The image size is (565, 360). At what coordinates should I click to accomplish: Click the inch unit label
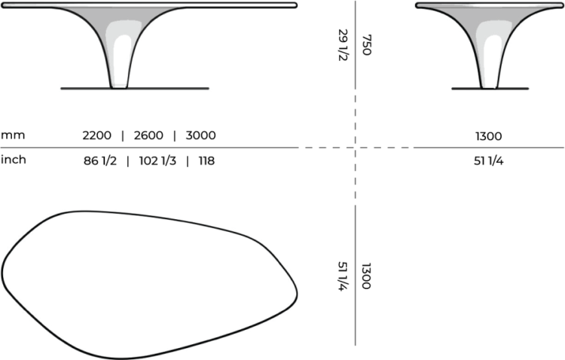[x=13, y=160]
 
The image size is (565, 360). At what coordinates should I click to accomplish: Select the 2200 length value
[x=97, y=136]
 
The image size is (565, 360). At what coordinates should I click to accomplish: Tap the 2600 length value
[x=148, y=136]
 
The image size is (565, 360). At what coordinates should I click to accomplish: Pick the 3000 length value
[x=200, y=136]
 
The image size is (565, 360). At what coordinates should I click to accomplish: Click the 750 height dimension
[x=367, y=44]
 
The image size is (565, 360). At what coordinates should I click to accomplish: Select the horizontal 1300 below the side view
[x=488, y=136]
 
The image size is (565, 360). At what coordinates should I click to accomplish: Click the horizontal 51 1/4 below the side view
[x=488, y=160]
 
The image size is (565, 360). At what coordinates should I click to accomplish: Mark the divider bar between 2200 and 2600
[x=123, y=136]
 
